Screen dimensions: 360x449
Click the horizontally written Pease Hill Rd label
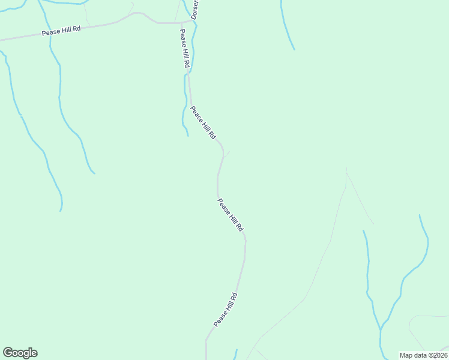(x=61, y=31)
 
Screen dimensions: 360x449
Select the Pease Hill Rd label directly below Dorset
(x=185, y=48)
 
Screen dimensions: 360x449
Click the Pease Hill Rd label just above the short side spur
(x=203, y=122)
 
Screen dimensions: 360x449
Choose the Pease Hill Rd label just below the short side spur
(x=231, y=215)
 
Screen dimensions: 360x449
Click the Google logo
(x=20, y=353)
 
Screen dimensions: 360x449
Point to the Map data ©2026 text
(x=424, y=355)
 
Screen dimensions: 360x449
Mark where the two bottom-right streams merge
(x=381, y=329)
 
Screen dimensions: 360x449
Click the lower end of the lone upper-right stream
(x=294, y=49)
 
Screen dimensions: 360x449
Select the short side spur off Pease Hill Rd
(x=226, y=154)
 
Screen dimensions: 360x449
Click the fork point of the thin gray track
(x=346, y=174)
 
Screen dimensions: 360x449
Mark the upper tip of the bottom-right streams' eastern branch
(x=420, y=215)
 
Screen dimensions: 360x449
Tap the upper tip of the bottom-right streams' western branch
(x=363, y=230)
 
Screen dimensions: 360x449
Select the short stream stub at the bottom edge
(x=235, y=354)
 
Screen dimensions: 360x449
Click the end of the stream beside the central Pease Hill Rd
(x=188, y=135)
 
